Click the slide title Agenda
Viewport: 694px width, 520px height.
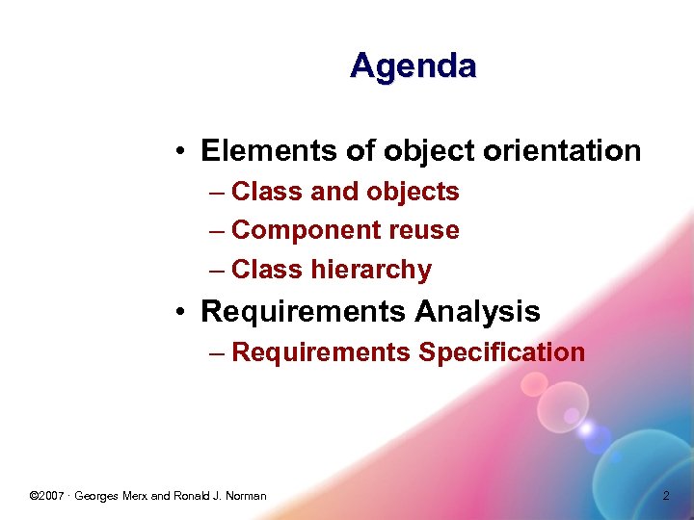[x=414, y=65]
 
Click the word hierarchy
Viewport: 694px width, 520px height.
[x=371, y=270]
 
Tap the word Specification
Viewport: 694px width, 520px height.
[x=501, y=352]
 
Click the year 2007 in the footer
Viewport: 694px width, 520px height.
[x=53, y=496]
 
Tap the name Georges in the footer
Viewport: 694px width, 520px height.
[x=97, y=496]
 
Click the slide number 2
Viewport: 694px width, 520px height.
[x=665, y=496]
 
